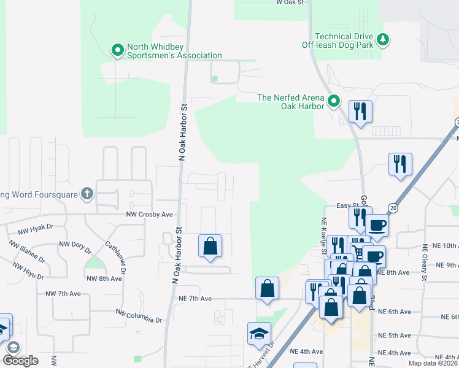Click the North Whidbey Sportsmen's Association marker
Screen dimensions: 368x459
click(x=117, y=50)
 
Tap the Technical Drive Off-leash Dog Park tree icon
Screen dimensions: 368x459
click(x=384, y=40)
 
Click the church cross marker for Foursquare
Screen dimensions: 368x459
click(x=87, y=194)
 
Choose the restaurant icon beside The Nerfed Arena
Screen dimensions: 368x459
click(x=360, y=112)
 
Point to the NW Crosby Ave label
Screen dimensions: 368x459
click(x=150, y=215)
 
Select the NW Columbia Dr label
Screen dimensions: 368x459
click(x=139, y=316)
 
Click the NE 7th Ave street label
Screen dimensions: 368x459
click(x=195, y=299)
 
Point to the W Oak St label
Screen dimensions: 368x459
click(x=290, y=3)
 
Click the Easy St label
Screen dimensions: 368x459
click(x=347, y=206)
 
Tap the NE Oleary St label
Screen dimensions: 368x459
click(x=423, y=263)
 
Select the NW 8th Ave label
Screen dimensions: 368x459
click(x=104, y=278)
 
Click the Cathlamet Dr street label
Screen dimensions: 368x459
click(x=123, y=257)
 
